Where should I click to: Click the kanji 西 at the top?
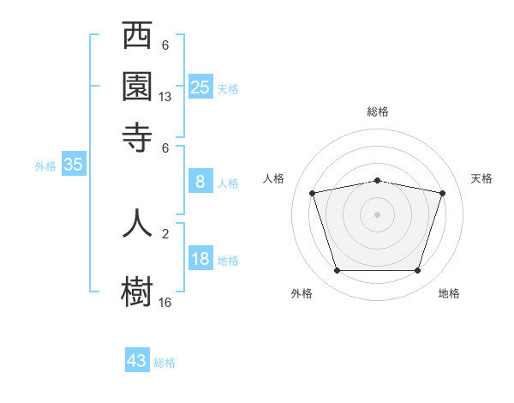coord(137,38)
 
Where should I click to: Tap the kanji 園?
coord(137,87)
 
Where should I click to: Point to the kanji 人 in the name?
coord(137,222)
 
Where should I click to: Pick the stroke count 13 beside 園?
coord(165,97)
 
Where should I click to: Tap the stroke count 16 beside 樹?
coord(165,302)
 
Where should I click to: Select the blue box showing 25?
coord(200,87)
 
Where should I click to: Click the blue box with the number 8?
coord(200,181)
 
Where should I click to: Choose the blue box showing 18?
coord(200,259)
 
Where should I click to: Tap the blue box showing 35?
coord(73,165)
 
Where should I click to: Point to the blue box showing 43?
coord(137,361)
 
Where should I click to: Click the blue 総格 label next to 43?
coord(164,363)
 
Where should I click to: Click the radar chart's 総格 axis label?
coord(378,111)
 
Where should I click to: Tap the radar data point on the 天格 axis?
coord(442,194)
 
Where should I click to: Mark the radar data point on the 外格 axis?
coord(337,271)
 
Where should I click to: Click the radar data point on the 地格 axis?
coord(417,271)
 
